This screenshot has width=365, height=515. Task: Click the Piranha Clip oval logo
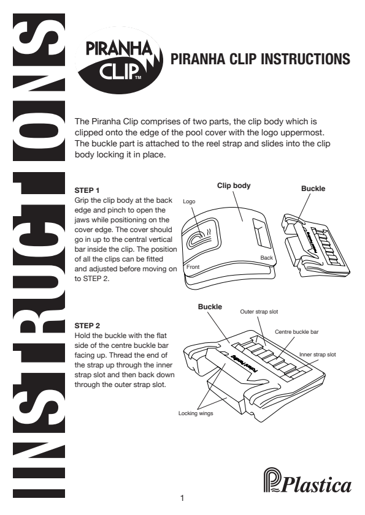point(119,62)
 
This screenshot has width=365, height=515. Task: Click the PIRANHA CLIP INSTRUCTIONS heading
point(260,59)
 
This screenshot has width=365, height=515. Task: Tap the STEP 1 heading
point(87,190)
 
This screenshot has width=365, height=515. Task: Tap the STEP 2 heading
point(87,326)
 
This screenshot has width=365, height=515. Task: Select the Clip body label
point(234,186)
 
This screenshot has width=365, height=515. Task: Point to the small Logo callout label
point(189,201)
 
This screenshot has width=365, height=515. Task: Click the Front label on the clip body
point(193,267)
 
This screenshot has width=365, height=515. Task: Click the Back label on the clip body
point(267,257)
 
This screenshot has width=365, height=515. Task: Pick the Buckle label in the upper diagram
point(313,189)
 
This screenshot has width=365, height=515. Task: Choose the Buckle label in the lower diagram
point(210,307)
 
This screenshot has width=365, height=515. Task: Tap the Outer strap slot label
point(259,312)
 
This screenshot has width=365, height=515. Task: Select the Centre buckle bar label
point(296,332)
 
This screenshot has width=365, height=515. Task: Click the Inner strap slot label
point(318,355)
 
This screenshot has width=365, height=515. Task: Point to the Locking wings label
point(196,413)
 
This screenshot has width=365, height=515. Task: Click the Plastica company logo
point(307,481)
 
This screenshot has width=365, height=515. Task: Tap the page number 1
point(182,498)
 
